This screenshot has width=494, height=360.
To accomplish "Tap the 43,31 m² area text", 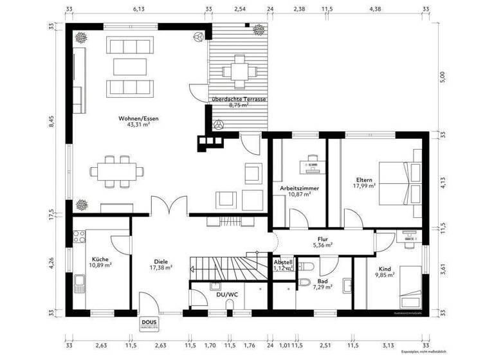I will click(x=138, y=125).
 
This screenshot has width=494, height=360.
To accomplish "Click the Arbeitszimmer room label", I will click(x=299, y=188).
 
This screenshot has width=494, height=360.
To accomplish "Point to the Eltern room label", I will click(x=364, y=179).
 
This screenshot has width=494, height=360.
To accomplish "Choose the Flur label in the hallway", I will click(x=323, y=239).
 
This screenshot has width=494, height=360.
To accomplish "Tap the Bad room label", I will click(x=322, y=280).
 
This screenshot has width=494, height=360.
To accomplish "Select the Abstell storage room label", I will click(x=283, y=262).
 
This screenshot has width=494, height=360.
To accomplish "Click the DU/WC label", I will click(x=227, y=294).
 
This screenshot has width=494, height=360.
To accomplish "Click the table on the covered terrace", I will click(x=239, y=72).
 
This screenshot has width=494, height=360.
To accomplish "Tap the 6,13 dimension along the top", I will click(x=139, y=10).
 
